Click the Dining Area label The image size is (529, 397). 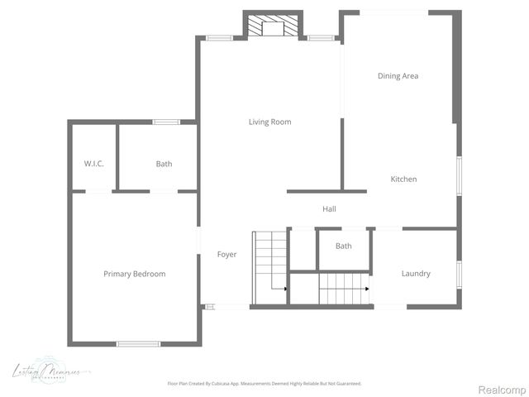(398, 76)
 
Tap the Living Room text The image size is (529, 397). (269, 122)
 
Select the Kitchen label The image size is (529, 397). (403, 179)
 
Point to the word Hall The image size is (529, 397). (329, 209)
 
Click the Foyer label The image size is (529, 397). (226, 255)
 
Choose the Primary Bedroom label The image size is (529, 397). (134, 275)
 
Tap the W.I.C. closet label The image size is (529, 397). (93, 164)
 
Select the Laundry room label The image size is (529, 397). (415, 274)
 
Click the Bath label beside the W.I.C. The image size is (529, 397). (164, 164)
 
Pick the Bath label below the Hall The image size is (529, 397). (343, 246)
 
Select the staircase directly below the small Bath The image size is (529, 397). (343, 289)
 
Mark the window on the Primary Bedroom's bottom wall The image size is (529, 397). (137, 343)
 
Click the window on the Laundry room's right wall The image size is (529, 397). (459, 274)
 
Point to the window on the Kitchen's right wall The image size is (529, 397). (459, 175)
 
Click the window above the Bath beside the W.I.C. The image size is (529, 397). (165, 122)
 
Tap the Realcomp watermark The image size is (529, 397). (503, 390)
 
